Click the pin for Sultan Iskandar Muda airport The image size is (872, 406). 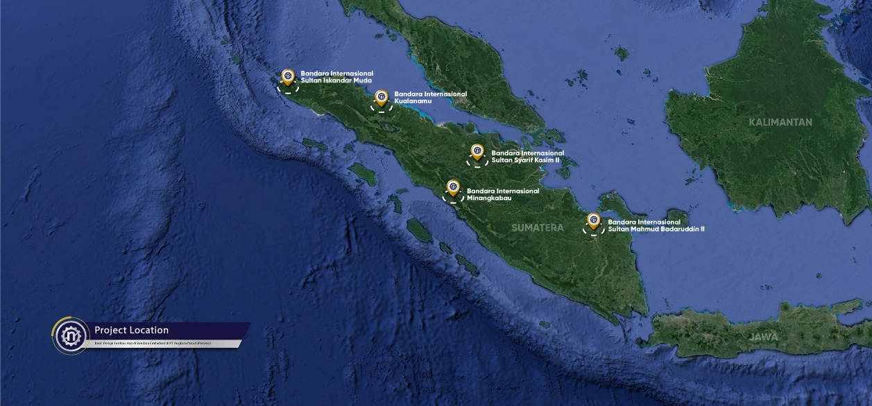point(287,76)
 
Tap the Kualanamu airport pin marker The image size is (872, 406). point(381,96)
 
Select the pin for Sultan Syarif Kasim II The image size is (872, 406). point(477,151)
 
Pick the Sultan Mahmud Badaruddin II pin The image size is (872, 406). point(593,220)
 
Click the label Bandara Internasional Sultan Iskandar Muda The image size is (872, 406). point(336,76)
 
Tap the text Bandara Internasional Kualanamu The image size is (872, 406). point(430,97)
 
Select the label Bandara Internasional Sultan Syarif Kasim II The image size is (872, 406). point(527,156)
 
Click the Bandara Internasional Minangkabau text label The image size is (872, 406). point(503,194)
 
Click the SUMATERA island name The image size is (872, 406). point(538,227)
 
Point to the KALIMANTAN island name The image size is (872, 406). point(780,122)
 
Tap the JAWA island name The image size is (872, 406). point(762,337)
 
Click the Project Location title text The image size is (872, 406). point(131,330)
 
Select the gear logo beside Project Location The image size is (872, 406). point(71,336)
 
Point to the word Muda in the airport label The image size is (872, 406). point(362,80)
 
